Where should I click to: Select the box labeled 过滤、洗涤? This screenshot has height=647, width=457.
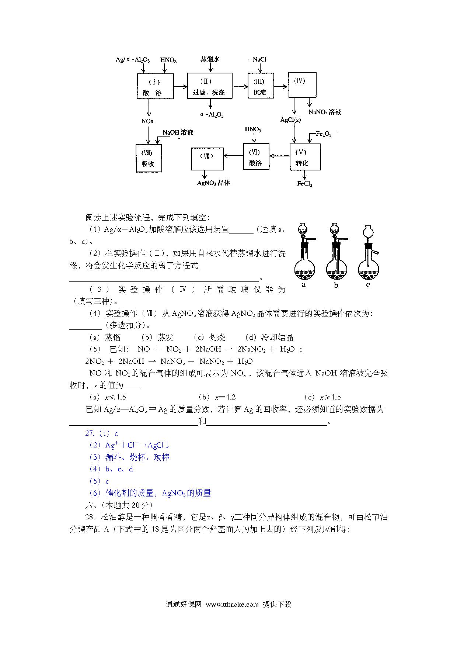[x=209, y=86]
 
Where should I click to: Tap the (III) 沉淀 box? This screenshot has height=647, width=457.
[x=261, y=86]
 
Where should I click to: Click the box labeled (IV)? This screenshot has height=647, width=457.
[x=302, y=85]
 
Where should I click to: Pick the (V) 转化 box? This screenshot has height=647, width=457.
[x=305, y=157]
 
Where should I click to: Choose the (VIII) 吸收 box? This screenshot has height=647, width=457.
[x=149, y=158]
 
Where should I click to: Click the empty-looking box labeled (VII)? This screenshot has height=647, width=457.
[x=207, y=159]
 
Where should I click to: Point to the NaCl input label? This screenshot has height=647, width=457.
[x=259, y=59]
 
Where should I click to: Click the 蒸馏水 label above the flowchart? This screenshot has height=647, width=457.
[x=210, y=59]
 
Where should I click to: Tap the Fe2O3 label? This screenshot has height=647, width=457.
[x=324, y=134]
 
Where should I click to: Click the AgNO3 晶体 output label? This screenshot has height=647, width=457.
[x=214, y=183]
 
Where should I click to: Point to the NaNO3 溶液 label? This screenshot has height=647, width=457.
[x=325, y=112]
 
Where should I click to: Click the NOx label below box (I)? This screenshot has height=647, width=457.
[x=147, y=121]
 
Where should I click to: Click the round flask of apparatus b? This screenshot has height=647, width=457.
[x=336, y=269]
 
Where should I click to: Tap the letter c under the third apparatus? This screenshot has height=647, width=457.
[x=368, y=285]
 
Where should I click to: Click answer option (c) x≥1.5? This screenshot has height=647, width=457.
[x=322, y=397]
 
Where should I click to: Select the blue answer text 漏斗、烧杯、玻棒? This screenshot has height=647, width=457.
[x=138, y=457]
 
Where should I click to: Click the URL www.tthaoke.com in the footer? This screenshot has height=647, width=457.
[x=232, y=604]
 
